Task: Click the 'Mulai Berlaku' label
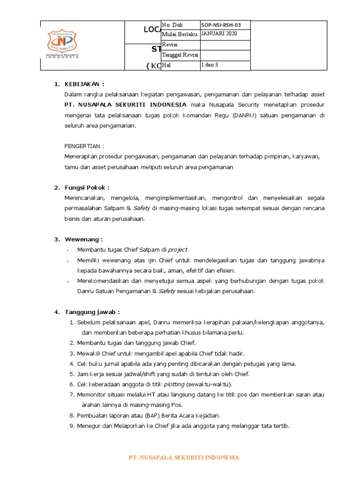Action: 179,35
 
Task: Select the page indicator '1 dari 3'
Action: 210,65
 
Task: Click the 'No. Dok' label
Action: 172,25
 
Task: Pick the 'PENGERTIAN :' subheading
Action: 84,146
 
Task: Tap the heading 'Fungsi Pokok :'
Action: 87,187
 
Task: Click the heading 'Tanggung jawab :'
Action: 92,312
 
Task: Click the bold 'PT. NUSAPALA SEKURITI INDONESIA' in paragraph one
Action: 125,105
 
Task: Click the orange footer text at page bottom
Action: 184,457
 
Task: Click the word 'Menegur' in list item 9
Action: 89,426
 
